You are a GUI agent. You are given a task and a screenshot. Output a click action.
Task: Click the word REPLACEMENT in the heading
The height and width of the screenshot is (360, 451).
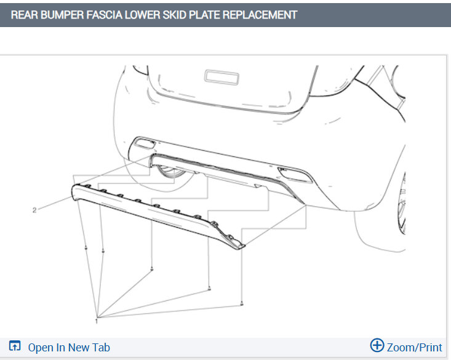(x=260, y=15)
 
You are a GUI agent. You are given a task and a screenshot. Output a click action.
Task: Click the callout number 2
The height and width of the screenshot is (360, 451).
(x=34, y=210)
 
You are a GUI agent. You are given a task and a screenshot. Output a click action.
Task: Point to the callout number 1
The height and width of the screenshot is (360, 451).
(x=97, y=321)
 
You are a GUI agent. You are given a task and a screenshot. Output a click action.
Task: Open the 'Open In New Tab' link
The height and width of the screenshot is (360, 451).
(x=69, y=347)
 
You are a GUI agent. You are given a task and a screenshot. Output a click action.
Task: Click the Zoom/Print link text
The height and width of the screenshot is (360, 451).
(x=414, y=347)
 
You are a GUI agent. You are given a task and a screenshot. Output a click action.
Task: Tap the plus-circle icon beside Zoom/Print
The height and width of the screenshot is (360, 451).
(x=377, y=345)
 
